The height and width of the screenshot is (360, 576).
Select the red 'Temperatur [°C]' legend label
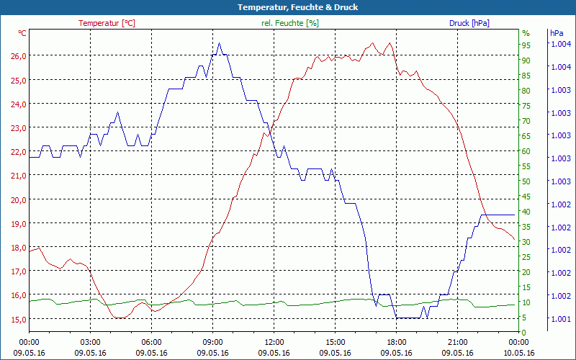tap(107, 23)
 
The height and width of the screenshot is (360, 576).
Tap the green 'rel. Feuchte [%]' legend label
tap(289, 23)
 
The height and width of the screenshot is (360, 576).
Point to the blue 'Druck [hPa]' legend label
tap(469, 23)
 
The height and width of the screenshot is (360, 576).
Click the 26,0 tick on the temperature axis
tap(18, 56)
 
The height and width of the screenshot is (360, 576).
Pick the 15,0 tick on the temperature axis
tap(18, 319)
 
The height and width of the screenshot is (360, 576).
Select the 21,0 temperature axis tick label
tap(18, 176)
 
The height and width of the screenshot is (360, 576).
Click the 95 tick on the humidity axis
tap(526, 45)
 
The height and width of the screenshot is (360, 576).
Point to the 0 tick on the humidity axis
tap(524, 332)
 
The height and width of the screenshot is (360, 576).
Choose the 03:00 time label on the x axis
tap(90, 343)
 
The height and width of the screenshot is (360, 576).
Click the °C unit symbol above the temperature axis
tap(22, 33)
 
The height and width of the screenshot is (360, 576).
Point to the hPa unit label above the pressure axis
tap(557, 33)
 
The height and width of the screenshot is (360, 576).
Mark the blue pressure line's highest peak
tap(219, 43)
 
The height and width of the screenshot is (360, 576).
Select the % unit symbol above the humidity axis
tap(526, 33)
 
